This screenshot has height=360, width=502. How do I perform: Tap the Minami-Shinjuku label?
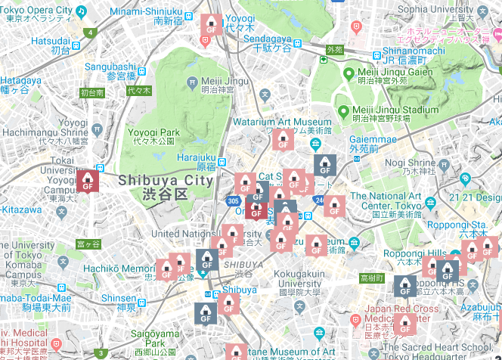coord(146,12)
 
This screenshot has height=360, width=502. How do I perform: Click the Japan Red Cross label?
coord(402,309)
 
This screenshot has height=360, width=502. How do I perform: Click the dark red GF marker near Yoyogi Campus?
coord(88,181)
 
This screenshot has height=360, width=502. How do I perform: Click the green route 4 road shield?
coord(91,33)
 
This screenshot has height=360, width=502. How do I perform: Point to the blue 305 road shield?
coord(234,201)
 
